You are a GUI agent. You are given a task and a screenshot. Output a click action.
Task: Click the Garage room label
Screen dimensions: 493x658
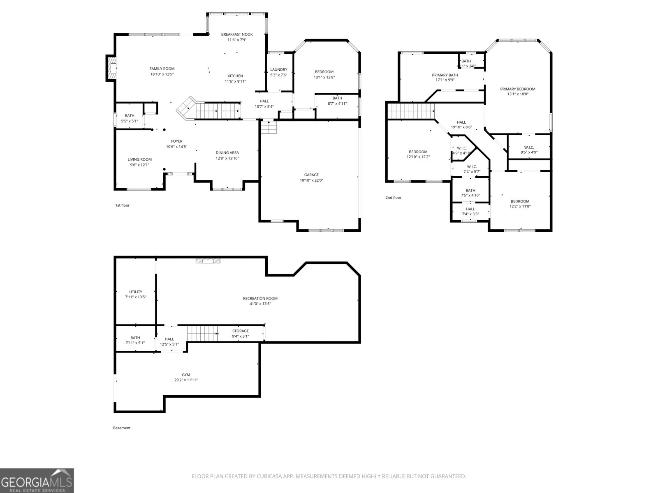click(x=311, y=175)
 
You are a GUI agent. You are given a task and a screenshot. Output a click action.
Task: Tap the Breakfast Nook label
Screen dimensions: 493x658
click(x=237, y=35)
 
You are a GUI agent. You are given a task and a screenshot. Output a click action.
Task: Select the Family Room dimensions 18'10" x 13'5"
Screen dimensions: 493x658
click(x=162, y=74)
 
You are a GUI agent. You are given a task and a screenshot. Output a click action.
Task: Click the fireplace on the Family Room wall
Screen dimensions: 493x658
click(x=111, y=68)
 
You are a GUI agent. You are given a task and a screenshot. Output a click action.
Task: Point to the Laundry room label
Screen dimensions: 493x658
click(x=278, y=69)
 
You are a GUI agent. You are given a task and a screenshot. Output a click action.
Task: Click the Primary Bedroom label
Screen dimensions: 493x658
click(x=517, y=89)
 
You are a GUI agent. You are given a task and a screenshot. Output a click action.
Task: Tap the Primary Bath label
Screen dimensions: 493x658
click(x=445, y=75)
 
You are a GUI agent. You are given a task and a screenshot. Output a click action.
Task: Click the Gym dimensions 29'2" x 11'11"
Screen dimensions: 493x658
click(x=186, y=380)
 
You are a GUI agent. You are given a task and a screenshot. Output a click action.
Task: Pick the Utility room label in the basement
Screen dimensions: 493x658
click(x=135, y=292)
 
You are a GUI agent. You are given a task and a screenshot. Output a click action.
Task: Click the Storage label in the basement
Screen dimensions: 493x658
click(x=240, y=331)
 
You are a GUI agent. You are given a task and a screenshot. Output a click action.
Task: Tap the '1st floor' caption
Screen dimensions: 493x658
click(x=122, y=205)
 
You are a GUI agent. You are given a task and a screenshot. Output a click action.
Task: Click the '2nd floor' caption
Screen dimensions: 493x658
click(x=393, y=198)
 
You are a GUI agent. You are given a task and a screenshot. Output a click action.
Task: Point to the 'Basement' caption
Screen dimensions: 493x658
click(x=121, y=428)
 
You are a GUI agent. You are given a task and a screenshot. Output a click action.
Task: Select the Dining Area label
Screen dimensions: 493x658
click(x=227, y=153)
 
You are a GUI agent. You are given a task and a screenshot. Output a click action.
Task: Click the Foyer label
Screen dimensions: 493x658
click(x=176, y=141)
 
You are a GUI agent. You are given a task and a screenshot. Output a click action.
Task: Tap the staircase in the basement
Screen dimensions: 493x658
click(x=202, y=333)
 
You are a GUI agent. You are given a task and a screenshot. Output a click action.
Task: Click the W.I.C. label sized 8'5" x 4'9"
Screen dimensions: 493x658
click(x=529, y=147)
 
